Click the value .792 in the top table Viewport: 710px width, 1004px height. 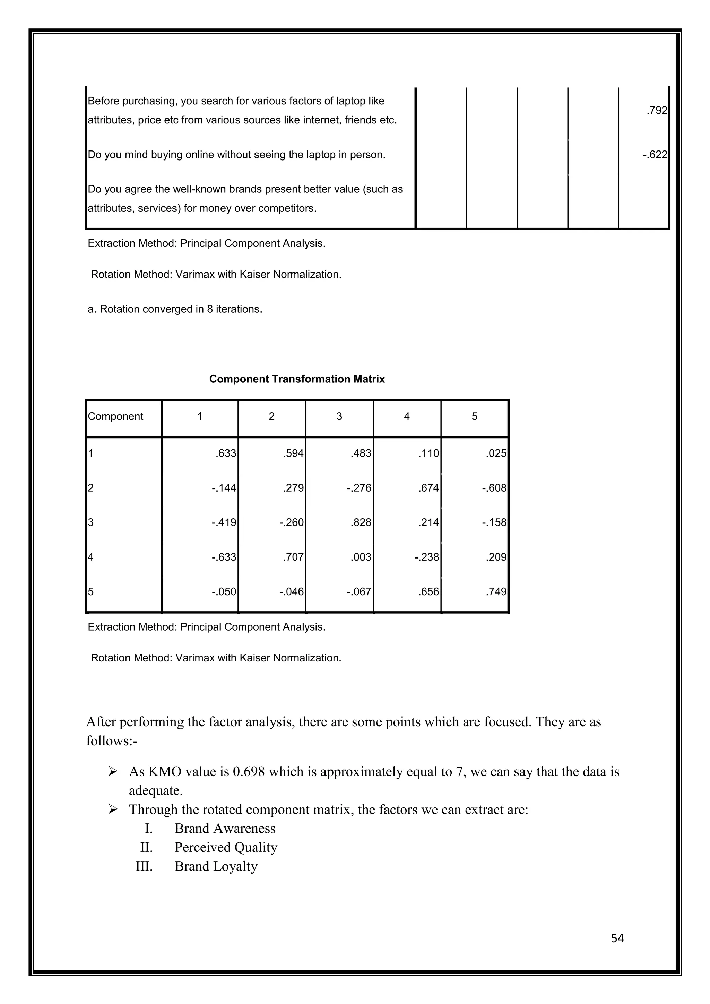point(657,111)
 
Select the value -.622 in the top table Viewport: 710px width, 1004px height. point(655,155)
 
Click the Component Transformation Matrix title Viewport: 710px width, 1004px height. point(297,379)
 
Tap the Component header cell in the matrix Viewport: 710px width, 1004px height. point(115,416)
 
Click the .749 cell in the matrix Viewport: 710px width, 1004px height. point(496,592)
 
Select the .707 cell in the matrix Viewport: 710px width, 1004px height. point(293,557)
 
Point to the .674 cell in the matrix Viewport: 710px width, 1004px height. point(428,488)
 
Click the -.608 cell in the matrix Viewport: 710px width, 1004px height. point(494,488)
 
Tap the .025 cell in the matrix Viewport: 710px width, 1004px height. point(496,453)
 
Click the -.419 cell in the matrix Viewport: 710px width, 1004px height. point(224,522)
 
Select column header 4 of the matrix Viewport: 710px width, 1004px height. point(407,416)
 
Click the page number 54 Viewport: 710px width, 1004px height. point(617,938)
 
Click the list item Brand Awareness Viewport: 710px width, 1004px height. point(225,828)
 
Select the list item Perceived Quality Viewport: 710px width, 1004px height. point(226,847)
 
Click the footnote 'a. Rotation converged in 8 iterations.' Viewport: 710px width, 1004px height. point(175,309)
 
